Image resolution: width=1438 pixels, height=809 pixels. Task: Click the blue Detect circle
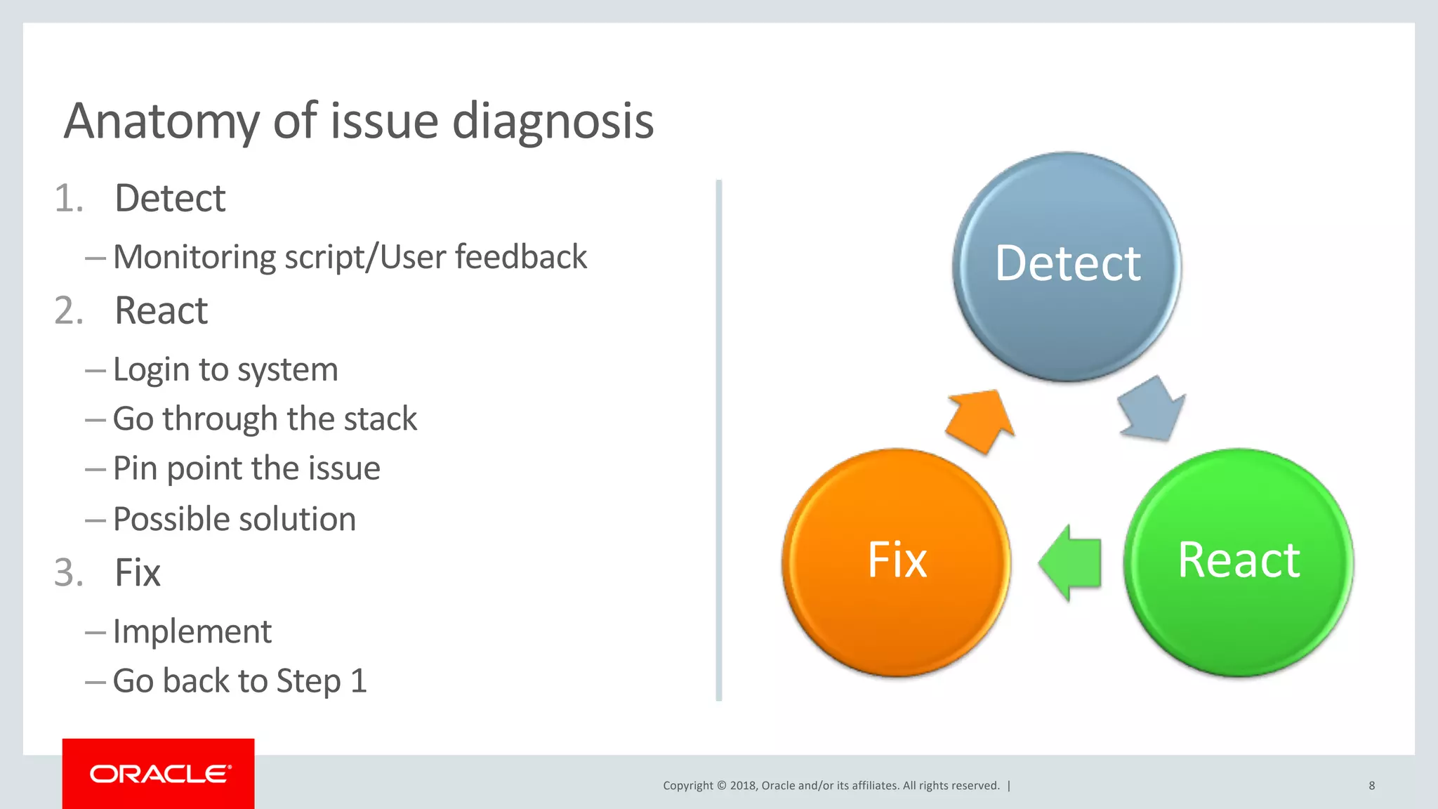tap(1067, 267)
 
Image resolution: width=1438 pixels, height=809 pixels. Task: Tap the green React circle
tap(1239, 562)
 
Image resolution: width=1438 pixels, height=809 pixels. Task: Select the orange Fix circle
tap(897, 562)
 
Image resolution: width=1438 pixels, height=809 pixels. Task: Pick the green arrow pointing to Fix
tap(1070, 563)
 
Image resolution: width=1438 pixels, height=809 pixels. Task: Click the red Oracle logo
tap(159, 773)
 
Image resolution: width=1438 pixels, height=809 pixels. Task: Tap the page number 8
tap(1371, 785)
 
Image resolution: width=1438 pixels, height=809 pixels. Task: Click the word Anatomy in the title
tap(162, 121)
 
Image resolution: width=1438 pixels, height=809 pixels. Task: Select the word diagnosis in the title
tap(553, 121)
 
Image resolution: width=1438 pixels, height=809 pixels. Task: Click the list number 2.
tap(69, 310)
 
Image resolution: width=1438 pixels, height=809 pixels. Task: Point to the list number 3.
tap(69, 572)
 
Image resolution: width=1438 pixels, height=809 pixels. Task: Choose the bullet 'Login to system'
tap(225, 369)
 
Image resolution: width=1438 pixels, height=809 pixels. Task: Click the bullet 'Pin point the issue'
tap(246, 468)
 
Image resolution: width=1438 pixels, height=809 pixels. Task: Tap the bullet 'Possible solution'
tap(234, 519)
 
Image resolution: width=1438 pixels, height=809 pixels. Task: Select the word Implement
tap(192, 631)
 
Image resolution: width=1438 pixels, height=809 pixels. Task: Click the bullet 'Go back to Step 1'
tap(239, 680)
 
